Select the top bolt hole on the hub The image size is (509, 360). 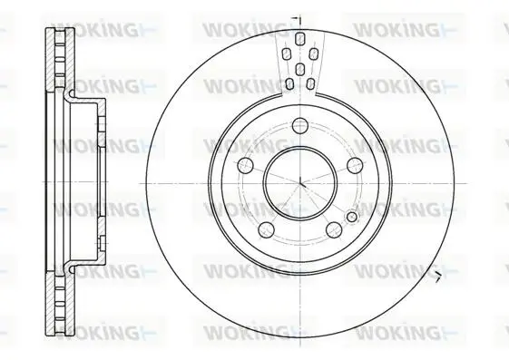click(x=300, y=125)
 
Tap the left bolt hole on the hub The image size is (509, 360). click(x=245, y=166)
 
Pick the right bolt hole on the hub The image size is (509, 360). click(x=355, y=166)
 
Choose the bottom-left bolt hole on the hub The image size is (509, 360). click(x=266, y=229)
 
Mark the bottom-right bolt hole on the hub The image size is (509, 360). click(x=334, y=229)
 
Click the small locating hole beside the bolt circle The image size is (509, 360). click(x=351, y=217)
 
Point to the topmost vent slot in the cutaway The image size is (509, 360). click(x=299, y=38)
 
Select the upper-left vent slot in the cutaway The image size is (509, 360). click(x=286, y=54)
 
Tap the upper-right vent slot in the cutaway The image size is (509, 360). click(x=313, y=54)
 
